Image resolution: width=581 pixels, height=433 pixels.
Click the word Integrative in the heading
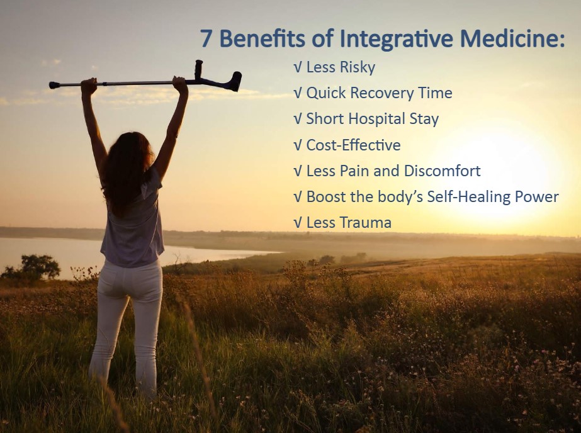pos(396,38)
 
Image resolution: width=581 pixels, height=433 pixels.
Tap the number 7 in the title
pos(206,38)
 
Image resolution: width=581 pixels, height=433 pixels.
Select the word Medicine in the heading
pos(512,38)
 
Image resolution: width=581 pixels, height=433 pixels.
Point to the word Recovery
pos(382,93)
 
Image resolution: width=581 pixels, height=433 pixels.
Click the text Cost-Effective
pos(354,145)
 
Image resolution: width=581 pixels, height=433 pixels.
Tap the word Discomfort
pos(442,171)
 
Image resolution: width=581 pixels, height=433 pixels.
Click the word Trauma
pos(365,223)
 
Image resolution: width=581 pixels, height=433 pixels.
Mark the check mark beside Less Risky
pos(298,67)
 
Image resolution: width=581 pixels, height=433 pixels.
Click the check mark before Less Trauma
pos(298,223)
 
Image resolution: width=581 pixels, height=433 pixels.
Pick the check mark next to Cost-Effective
pos(298,145)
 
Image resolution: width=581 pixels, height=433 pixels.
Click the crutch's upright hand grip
pos(199,70)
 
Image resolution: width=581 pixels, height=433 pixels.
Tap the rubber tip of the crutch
pos(54,85)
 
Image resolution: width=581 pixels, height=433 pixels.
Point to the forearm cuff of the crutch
pos(235,81)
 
